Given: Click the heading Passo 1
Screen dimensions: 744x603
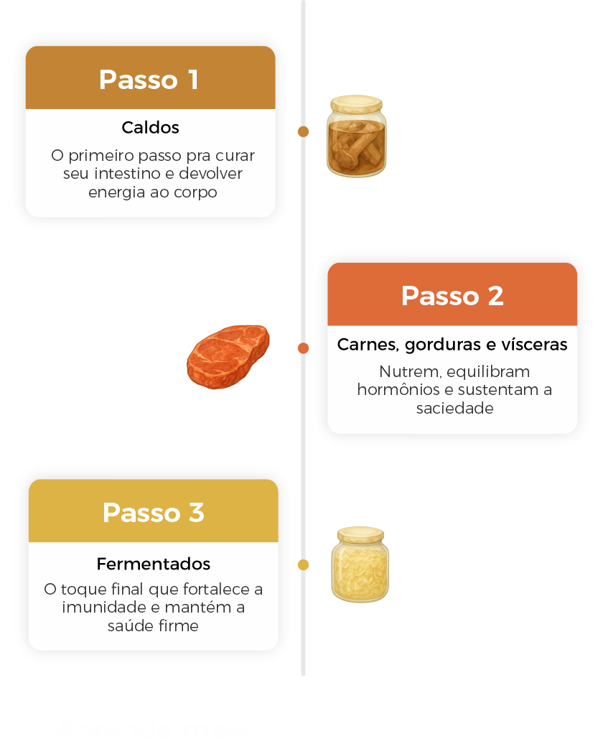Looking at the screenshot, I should (149, 80).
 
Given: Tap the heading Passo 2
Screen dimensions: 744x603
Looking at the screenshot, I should (452, 296).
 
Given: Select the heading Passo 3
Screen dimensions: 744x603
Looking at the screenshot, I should (154, 513).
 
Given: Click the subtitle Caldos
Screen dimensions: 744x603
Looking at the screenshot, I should (150, 128).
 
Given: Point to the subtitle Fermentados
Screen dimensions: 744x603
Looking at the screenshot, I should (154, 564).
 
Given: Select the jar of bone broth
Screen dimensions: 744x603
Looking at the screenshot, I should (356, 139).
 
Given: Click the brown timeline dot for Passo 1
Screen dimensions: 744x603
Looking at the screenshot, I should (304, 131).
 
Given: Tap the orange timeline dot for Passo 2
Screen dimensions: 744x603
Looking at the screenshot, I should (304, 348).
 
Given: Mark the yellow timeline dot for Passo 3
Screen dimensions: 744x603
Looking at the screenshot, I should (304, 565).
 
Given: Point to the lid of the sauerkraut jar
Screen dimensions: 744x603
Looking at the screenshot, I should (361, 534).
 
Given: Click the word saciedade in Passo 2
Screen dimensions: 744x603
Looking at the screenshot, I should (454, 409).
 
